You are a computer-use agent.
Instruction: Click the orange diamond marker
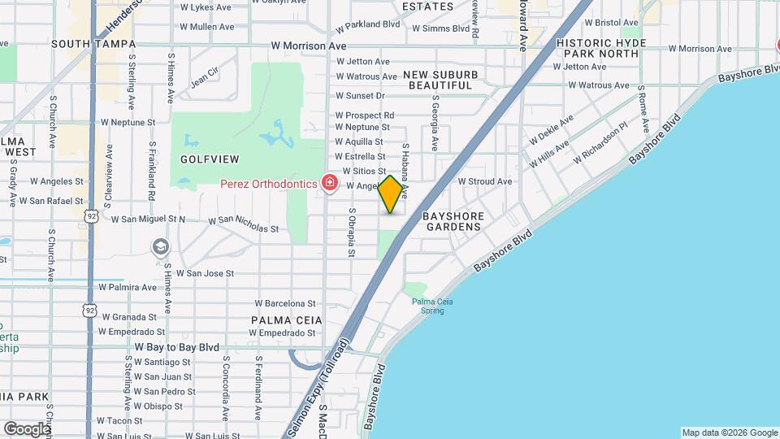[390, 194]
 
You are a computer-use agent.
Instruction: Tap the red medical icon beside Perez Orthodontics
[329, 183]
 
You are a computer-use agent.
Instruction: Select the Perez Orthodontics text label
[269, 184]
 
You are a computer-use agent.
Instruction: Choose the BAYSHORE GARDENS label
[453, 221]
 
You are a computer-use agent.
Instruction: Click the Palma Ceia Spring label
[431, 306]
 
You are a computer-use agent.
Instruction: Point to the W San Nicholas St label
[244, 224]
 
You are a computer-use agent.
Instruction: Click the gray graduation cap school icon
[161, 246]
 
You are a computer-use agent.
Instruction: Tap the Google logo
[26, 428]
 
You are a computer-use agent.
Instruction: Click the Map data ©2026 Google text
[729, 432]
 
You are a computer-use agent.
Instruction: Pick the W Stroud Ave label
[485, 181]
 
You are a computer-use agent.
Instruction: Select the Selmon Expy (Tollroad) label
[318, 394]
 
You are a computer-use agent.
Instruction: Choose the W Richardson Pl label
[600, 142]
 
